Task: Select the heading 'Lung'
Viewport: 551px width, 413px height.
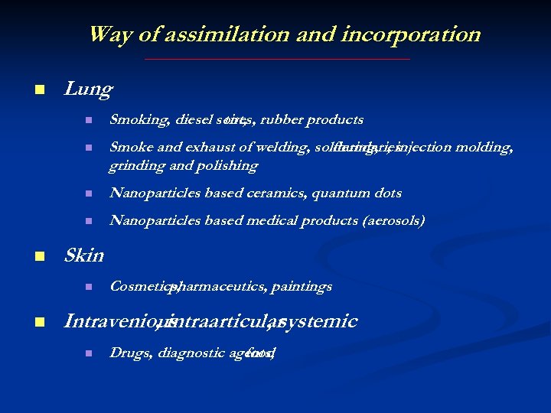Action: pos(88,89)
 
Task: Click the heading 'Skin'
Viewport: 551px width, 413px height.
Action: pos(84,255)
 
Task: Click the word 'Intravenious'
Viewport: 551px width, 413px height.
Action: pos(109,320)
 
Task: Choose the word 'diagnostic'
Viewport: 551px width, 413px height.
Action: pos(190,353)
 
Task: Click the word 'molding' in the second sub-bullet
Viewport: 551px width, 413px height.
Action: pos(489,148)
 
